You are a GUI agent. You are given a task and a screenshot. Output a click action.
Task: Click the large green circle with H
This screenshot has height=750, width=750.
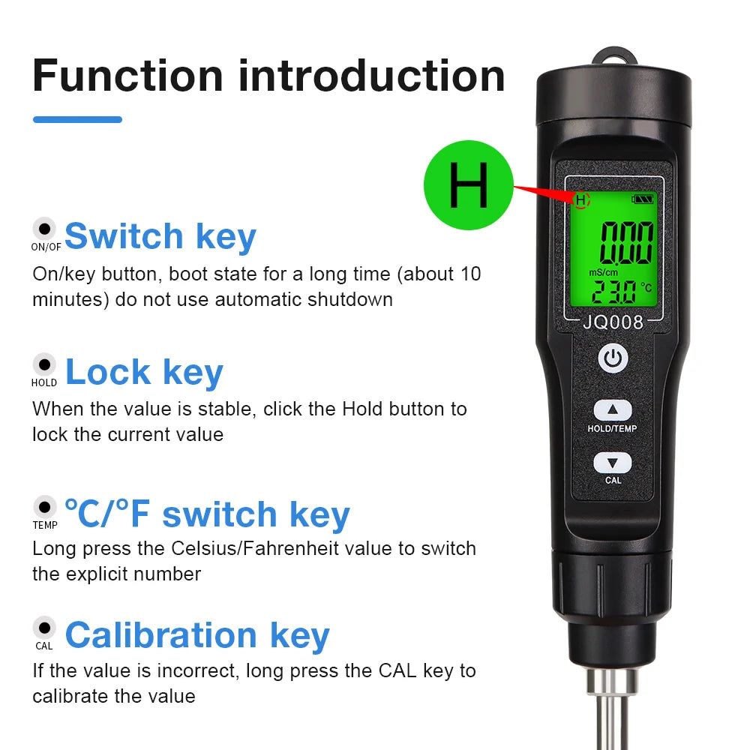[469, 185]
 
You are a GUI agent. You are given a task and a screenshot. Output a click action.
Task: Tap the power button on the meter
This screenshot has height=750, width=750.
[613, 358]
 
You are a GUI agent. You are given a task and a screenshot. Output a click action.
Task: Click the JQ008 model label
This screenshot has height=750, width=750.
[613, 322]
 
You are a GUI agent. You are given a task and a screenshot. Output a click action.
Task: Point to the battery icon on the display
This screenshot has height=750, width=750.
[643, 199]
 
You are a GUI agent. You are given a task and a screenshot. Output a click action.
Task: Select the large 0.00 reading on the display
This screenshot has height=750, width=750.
[625, 241]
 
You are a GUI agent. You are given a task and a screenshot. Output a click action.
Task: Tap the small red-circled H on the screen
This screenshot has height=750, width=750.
[581, 199]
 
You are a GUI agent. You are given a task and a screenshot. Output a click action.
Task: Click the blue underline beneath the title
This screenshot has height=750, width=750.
[77, 119]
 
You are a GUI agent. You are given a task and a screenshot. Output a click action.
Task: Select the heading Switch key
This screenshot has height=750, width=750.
[160, 236]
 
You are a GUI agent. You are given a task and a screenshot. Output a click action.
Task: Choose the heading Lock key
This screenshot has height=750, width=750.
[144, 372]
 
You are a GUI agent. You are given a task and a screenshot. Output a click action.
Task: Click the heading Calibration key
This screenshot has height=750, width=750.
[197, 634]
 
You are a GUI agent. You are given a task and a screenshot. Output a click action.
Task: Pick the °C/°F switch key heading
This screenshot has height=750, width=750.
[207, 514]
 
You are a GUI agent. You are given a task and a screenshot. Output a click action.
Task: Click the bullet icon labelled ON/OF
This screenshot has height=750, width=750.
[45, 228]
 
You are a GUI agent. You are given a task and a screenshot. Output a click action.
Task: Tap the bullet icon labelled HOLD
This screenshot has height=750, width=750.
[45, 364]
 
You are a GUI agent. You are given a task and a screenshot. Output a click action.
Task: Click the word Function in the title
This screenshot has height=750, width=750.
[128, 76]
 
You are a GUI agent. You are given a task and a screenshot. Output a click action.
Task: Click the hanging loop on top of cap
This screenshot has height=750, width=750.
[613, 57]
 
